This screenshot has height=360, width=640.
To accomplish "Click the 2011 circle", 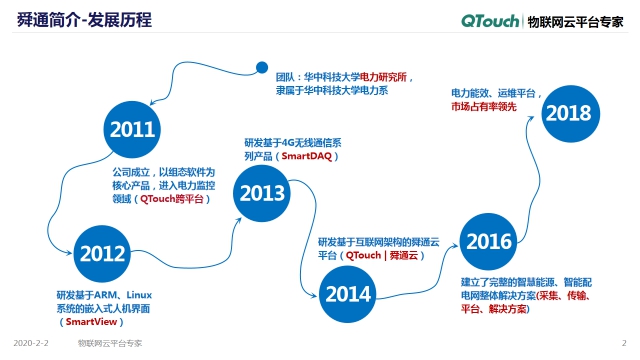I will click(x=133, y=130).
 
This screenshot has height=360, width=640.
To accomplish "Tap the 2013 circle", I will click(x=262, y=194).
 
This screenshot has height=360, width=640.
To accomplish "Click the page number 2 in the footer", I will click(x=623, y=342).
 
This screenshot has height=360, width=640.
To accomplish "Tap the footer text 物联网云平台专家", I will click(x=110, y=342).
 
